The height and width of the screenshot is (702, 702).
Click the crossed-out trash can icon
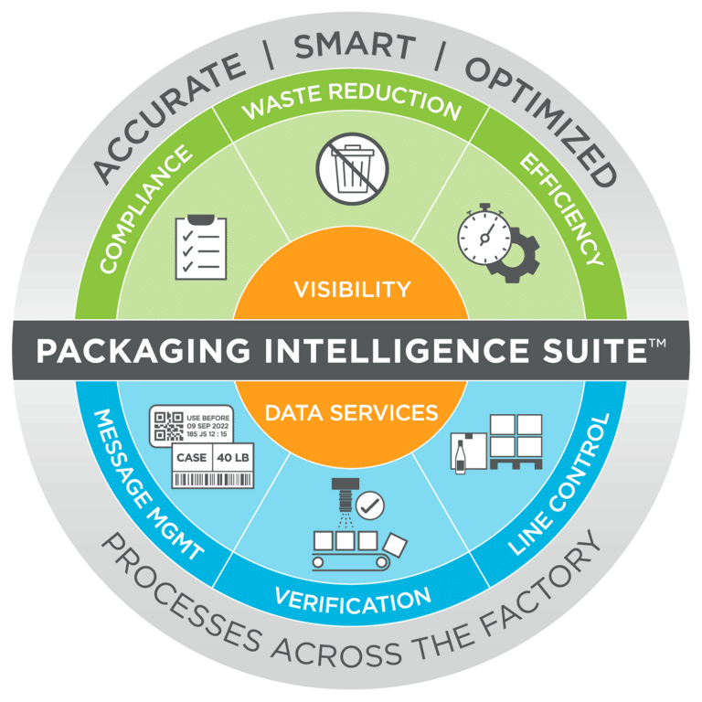tap(352, 169)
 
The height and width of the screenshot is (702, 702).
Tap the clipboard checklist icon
tap(201, 247)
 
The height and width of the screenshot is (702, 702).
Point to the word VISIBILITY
tap(352, 289)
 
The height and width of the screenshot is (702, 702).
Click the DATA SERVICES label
tap(351, 413)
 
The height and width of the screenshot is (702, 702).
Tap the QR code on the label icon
tap(168, 426)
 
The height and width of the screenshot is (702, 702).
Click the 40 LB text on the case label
tap(233, 458)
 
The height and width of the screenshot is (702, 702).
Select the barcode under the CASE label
tap(213, 480)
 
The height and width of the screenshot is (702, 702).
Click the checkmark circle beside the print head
tap(370, 505)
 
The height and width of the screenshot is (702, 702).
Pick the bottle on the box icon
tap(460, 457)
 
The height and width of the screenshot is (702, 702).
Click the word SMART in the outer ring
tap(355, 46)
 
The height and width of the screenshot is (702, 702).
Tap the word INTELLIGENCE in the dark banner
tap(396, 350)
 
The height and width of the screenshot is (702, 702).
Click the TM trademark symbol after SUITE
tap(657, 343)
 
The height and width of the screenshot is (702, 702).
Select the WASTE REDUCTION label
tap(352, 100)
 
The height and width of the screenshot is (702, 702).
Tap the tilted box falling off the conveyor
tap(395, 546)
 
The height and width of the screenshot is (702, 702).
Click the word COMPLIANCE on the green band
tap(145, 208)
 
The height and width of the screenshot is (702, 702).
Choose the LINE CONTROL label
tap(559, 484)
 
